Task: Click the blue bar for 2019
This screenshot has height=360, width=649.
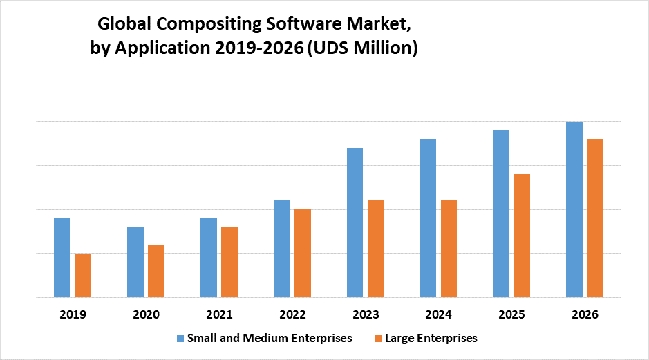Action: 62,258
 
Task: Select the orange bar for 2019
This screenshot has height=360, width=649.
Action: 83,275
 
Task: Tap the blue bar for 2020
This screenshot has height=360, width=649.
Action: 135,262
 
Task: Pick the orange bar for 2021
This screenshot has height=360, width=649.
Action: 229,262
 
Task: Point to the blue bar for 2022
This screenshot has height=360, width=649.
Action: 282,249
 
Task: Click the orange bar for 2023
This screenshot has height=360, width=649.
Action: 376,249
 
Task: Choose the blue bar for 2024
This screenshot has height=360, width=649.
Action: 429,218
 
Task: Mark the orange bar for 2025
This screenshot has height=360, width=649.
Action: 523,236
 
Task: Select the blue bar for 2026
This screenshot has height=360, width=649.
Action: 574,209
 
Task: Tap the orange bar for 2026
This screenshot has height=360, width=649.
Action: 595,218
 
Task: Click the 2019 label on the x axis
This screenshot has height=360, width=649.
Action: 73,314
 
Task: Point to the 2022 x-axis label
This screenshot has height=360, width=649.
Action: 292,314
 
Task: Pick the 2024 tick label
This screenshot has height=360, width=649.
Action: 439,314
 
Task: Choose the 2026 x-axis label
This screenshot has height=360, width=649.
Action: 585,314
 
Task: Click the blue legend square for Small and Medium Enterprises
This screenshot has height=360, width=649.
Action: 180,339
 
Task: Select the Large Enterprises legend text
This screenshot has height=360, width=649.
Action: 432,339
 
